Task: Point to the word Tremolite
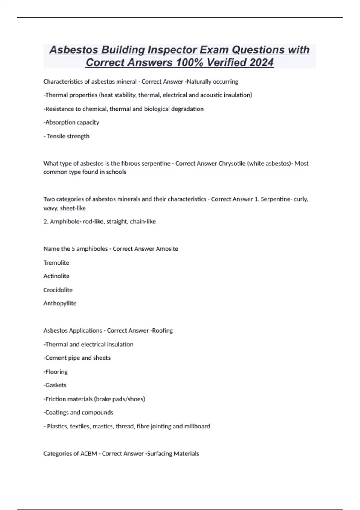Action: pyautogui.click(x=56, y=263)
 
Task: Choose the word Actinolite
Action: pyautogui.click(x=56, y=276)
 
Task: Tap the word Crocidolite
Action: pyautogui.click(x=58, y=290)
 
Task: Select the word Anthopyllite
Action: pyautogui.click(x=60, y=303)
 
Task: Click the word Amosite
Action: pyautogui.click(x=165, y=249)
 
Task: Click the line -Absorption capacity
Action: pyautogui.click(x=71, y=122)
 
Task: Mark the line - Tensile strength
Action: pyautogui.click(x=67, y=136)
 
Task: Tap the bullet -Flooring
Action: pyautogui.click(x=56, y=372)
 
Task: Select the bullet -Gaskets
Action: pyautogui.click(x=55, y=385)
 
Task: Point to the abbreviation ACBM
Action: pyautogui.click(x=89, y=454)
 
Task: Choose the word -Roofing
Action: pyautogui.click(x=162, y=331)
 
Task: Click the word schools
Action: pyautogui.click(x=116, y=172)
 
